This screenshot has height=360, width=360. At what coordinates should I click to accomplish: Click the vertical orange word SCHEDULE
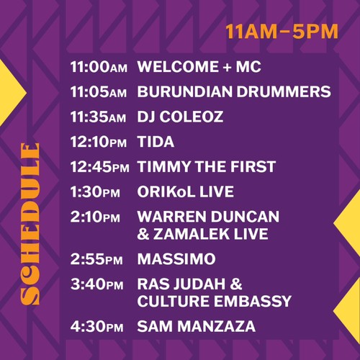tap(30, 224)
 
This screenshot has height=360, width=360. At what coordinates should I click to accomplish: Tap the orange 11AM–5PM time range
tap(282, 32)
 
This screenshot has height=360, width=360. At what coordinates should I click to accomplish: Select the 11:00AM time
tap(99, 67)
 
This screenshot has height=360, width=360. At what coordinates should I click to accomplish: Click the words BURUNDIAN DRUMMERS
tap(234, 91)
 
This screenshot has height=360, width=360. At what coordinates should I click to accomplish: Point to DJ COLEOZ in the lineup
tap(180, 117)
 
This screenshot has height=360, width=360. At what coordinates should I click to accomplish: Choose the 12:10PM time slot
tap(99, 142)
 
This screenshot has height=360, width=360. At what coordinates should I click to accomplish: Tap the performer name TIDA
tap(156, 142)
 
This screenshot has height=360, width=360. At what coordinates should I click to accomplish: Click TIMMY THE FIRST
tap(207, 166)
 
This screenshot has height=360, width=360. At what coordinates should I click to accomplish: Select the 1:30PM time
tap(95, 192)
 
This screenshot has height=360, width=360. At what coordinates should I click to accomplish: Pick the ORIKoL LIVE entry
tap(186, 192)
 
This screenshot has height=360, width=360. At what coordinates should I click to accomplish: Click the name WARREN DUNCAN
tap(208, 217)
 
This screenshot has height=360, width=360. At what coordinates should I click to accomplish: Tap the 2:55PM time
tap(96, 259)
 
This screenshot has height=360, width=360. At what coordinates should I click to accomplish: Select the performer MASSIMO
tap(176, 259)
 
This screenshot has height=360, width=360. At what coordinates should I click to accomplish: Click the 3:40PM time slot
tap(97, 284)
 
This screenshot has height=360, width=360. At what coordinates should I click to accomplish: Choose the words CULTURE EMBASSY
tap(215, 301)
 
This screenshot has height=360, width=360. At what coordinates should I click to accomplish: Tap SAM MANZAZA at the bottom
tap(197, 326)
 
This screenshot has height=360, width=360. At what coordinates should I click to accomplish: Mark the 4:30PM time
tap(97, 326)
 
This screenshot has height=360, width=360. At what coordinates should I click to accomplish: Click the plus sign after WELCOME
tap(227, 67)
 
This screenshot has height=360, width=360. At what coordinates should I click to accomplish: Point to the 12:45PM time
tap(100, 167)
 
